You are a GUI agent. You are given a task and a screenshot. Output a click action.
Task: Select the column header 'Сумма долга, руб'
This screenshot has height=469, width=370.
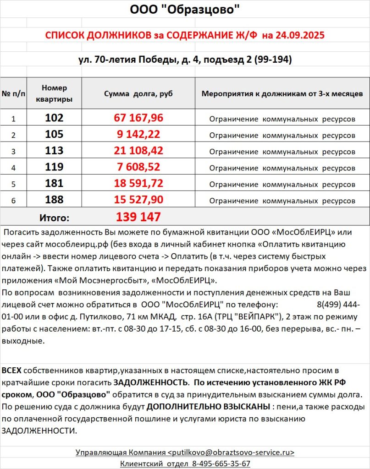click(x=138, y=93)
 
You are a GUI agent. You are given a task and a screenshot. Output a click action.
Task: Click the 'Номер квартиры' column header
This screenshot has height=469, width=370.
click(x=54, y=93)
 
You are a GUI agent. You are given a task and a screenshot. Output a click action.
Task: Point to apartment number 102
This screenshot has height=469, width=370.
click(x=54, y=118)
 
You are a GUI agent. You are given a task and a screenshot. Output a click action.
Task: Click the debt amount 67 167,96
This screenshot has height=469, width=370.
click(x=138, y=118)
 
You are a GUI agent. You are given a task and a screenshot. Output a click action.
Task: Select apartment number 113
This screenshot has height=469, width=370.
click(x=54, y=151)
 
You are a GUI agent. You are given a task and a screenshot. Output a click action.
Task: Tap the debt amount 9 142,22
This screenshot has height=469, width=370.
click(x=138, y=135)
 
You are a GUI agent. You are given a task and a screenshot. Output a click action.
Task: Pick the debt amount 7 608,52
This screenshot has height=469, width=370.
click(x=138, y=167)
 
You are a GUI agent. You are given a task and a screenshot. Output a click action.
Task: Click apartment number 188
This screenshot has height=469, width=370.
click(x=54, y=200)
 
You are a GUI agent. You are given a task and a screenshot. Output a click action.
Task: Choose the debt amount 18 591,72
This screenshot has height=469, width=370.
click(x=138, y=184)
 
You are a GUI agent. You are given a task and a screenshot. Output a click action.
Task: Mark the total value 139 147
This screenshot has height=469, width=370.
click(x=138, y=217)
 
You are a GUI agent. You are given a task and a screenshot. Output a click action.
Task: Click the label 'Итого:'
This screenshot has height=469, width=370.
click(x=54, y=217)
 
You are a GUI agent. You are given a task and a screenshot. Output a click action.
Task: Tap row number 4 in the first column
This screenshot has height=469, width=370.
click(x=13, y=168)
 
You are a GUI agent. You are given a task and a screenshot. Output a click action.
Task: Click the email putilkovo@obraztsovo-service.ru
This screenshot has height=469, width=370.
click(x=233, y=453)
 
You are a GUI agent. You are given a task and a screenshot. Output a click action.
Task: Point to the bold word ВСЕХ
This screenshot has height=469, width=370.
click(x=11, y=370)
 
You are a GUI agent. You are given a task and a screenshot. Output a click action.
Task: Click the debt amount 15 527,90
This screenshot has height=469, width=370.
click(x=138, y=200)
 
